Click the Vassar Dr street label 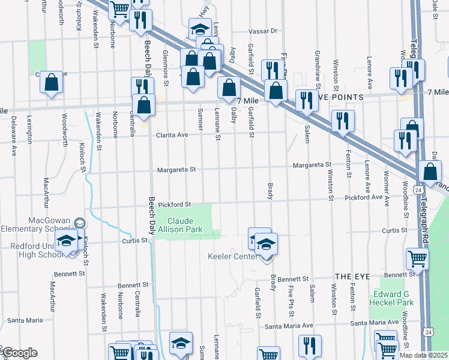pos(264,31)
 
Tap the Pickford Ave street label pos(364,197)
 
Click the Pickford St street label pos(174,205)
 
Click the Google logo pos(19,353)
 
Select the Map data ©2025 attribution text pos(423,355)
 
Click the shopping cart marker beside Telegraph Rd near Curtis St pos(417,259)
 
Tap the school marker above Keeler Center pos(265,245)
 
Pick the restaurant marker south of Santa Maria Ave pos(310,346)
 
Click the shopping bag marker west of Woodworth pos(51,82)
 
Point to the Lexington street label pos(29,130)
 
